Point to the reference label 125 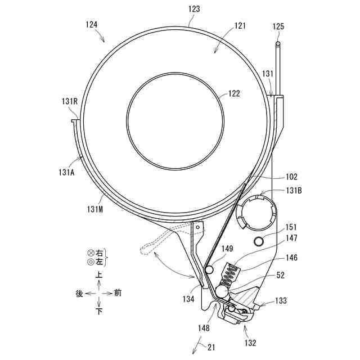point(278,26)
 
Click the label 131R point(69,101)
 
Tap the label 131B point(294,191)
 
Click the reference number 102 point(291,176)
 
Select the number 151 point(291,228)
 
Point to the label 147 point(291,238)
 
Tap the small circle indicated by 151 point(259,241)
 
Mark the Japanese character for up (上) point(100,276)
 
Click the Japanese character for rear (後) point(80,293)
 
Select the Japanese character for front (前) point(118,293)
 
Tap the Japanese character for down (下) point(100,311)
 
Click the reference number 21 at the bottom point(211,348)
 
